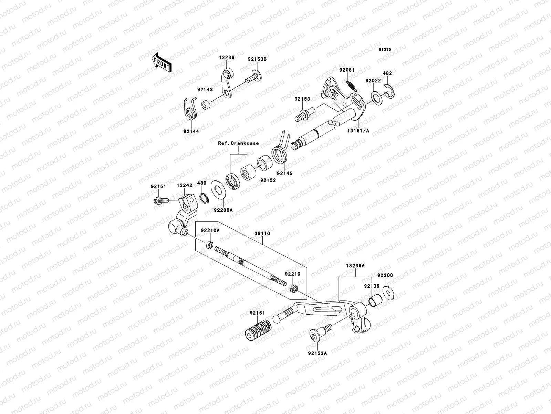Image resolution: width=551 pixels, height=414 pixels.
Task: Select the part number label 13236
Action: (226, 58)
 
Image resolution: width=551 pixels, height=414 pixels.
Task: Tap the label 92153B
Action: (257, 59)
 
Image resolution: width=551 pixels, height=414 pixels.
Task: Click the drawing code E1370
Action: (385, 50)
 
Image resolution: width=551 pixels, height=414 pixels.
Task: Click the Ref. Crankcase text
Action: (238, 143)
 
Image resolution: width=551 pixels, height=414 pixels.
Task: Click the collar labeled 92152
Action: (264, 165)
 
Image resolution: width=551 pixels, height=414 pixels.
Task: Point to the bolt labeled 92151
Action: (160, 200)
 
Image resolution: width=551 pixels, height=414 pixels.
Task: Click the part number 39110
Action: (262, 234)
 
